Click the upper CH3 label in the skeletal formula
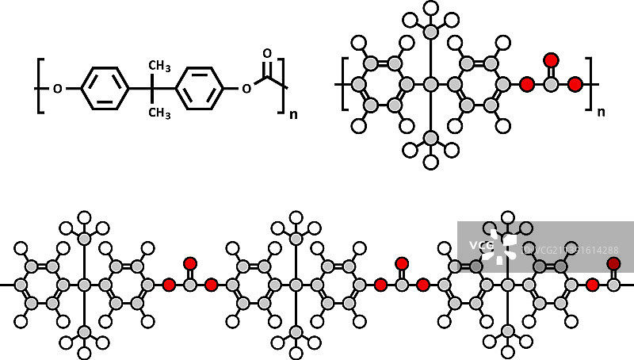tap(160, 64)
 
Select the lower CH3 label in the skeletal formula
tap(160, 113)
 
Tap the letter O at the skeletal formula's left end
tap(57, 89)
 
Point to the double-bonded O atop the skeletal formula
tap(267, 54)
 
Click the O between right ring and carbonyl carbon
tap(246, 89)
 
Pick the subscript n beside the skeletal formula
tap(294, 114)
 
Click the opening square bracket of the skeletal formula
tap(38, 87)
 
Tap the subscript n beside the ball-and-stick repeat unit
tap(600, 111)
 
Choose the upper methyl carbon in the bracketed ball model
tap(430, 31)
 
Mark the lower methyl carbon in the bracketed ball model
tap(430, 137)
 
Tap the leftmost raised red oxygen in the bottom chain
tap(189, 262)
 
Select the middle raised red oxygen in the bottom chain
tap(402, 262)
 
